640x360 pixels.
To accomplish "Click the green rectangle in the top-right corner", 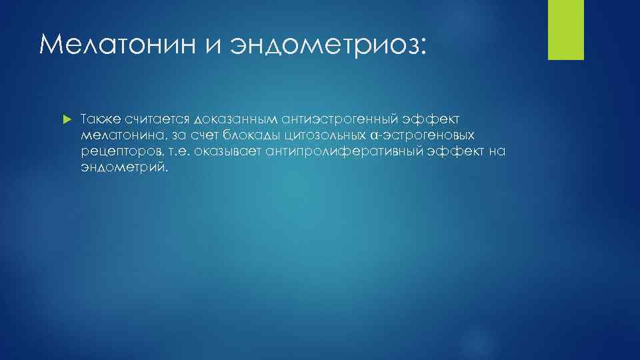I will (x=565, y=29).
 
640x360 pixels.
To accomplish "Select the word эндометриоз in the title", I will (x=327, y=45).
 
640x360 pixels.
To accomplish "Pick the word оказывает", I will (x=227, y=152).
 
